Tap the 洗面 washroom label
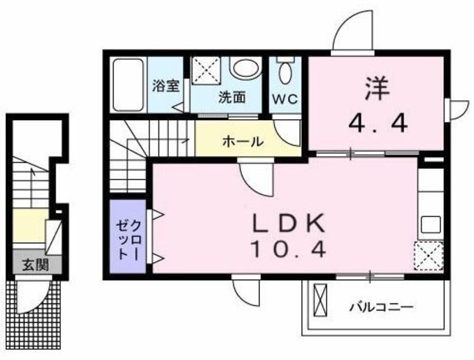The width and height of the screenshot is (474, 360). pos(233,97)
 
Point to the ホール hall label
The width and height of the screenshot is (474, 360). pos(242,141)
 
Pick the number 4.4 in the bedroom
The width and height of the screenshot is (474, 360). pos(375,123)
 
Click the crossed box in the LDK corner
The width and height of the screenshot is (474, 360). pos(428,256)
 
